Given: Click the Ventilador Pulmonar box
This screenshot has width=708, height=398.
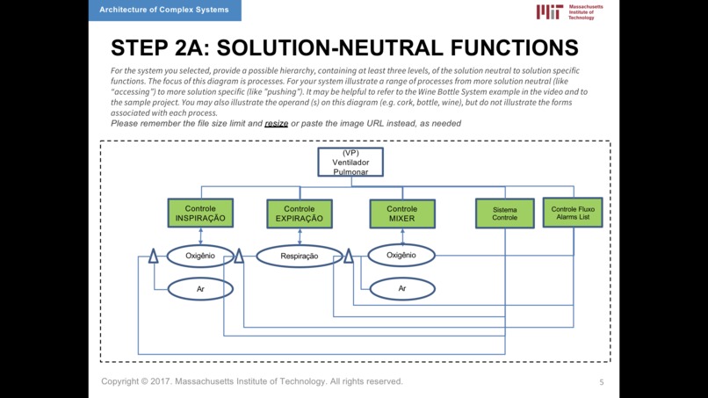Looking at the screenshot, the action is point(350,162).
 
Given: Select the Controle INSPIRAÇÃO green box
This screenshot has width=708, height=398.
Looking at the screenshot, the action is point(200,213).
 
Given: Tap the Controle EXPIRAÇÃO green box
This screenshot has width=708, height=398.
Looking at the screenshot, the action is point(300,213).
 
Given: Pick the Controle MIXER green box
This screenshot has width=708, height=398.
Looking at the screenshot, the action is point(402,213).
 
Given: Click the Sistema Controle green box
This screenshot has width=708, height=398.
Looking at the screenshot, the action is point(505,213).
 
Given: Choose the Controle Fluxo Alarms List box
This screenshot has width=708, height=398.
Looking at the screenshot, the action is point(573,213).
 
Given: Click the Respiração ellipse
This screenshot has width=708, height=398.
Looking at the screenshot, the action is point(300,257).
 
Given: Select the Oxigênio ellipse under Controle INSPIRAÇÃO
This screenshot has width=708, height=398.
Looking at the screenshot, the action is point(200,256).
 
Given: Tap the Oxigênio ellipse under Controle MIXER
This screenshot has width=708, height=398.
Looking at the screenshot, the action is point(401,256).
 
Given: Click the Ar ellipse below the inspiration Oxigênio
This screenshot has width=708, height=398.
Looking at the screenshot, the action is point(200,289).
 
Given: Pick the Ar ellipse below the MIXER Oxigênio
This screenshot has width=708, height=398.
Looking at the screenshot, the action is point(402,289).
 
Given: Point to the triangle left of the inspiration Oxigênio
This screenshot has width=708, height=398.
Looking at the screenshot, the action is point(154,256).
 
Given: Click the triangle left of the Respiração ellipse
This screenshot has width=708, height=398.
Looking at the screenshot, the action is point(239,256).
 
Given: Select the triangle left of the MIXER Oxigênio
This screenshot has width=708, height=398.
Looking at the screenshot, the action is point(349,256).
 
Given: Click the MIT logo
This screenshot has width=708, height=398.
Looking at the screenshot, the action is point(569,11).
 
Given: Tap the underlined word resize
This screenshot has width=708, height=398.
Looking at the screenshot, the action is point(277,123).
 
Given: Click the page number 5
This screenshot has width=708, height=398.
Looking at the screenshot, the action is point(602,382).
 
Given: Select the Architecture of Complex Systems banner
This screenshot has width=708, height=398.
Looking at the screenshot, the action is point(165,10).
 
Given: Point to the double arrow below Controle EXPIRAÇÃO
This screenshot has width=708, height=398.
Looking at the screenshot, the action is point(300,236).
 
